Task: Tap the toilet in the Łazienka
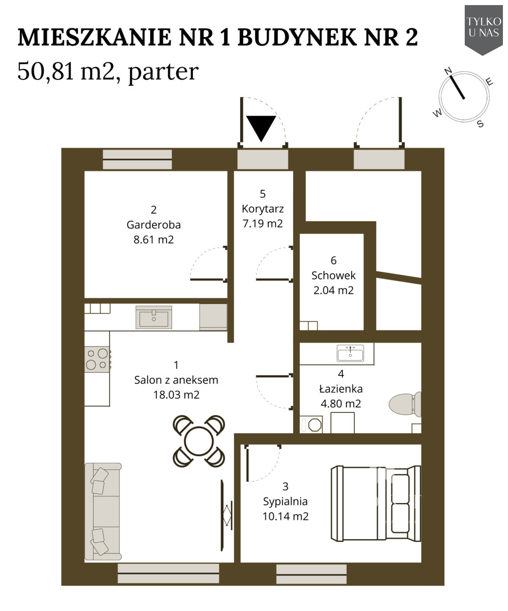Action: tap(405, 404)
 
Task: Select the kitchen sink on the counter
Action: tap(154, 317)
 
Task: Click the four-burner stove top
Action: tap(97, 359)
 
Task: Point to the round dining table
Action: tap(199, 441)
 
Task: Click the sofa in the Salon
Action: tap(103, 511)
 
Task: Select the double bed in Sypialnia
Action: tap(376, 503)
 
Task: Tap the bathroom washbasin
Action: tap(350, 353)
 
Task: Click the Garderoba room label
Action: tap(154, 225)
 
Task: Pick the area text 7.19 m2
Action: tap(263, 224)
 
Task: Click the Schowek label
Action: tap(333, 275)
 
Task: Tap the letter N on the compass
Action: tap(448, 71)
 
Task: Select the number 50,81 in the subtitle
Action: tap(46, 71)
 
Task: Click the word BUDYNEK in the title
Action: tap(297, 37)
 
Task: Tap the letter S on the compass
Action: tap(480, 124)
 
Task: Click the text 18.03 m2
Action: tap(176, 395)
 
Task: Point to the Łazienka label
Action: tap(341, 388)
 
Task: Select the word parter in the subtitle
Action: tap(163, 73)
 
